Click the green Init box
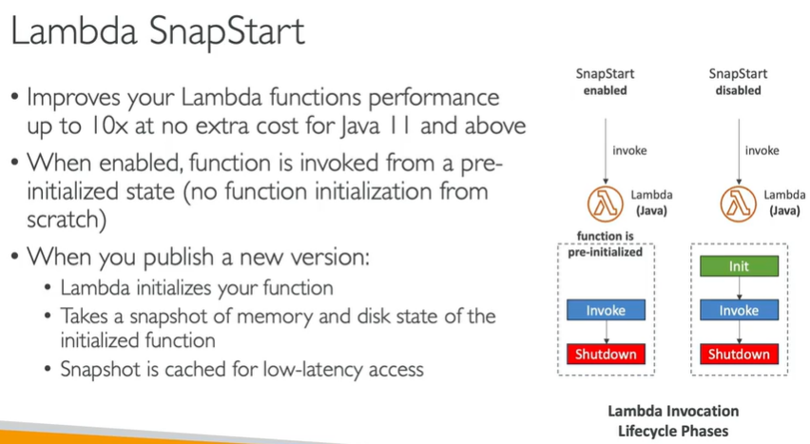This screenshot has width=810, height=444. (x=739, y=266)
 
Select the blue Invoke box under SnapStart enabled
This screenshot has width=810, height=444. (x=606, y=310)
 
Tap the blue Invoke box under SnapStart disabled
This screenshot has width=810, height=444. (x=739, y=310)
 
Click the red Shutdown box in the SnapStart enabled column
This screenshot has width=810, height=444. (x=606, y=354)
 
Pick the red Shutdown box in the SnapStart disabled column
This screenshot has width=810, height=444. (x=739, y=354)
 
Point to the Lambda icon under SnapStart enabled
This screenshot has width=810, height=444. (x=606, y=203)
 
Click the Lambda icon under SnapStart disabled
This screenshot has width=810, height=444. (x=738, y=203)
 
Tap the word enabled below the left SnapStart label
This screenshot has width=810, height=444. (x=606, y=90)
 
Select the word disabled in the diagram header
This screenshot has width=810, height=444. (x=738, y=90)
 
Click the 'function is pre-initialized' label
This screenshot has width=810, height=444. (x=606, y=244)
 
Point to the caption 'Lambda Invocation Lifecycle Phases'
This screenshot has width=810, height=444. (x=673, y=421)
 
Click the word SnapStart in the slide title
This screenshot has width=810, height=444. (x=227, y=31)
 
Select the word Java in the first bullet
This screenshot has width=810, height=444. (x=360, y=126)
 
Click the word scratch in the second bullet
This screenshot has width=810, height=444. (x=63, y=220)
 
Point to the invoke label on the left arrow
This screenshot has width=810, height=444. (x=629, y=150)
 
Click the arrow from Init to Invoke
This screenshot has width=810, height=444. (x=740, y=288)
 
